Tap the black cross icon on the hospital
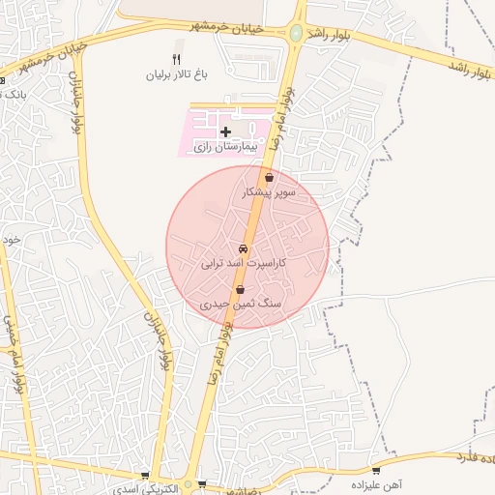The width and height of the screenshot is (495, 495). click(x=225, y=131)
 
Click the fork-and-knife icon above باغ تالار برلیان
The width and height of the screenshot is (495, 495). click(x=176, y=60)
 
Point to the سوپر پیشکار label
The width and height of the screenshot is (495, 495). click(x=269, y=193)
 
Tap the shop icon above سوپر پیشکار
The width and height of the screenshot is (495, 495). click(x=269, y=178)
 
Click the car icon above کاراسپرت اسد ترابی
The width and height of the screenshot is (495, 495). click(x=241, y=247)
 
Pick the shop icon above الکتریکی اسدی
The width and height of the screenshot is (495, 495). click(x=145, y=476)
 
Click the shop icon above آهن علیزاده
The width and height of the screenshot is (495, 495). click(x=376, y=471)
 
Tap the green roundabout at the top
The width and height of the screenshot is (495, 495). click(x=295, y=33)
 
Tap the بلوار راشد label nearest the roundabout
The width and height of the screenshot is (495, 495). click(x=334, y=32)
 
